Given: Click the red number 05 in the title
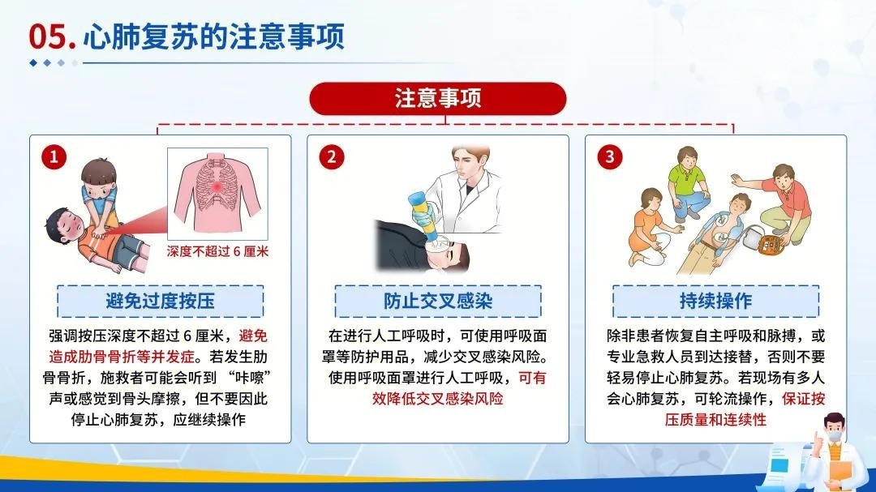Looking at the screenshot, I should tap(51, 36).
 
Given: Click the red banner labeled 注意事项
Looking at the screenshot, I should tap(437, 98).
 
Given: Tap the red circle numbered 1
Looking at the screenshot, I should tap(54, 156).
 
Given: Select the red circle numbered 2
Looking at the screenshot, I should tap(331, 156).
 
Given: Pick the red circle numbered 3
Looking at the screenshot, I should tap(610, 156).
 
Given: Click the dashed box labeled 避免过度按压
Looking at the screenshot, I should tap(160, 302).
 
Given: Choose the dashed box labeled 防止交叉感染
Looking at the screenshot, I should tap(438, 302).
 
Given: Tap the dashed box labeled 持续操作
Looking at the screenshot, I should tap(715, 302).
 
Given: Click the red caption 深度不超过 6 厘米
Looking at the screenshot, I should tap(217, 251).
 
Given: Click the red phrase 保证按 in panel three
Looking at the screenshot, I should tap(803, 399).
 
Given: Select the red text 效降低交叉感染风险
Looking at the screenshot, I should tap(437, 399).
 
